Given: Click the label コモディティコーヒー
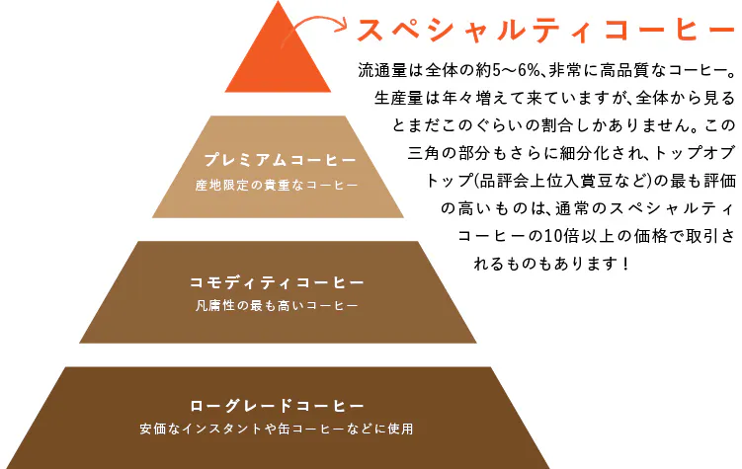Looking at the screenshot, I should click(x=278, y=282).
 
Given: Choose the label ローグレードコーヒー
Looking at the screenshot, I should click(x=278, y=405).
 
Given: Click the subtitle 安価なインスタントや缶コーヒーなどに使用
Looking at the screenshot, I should click(x=277, y=430).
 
